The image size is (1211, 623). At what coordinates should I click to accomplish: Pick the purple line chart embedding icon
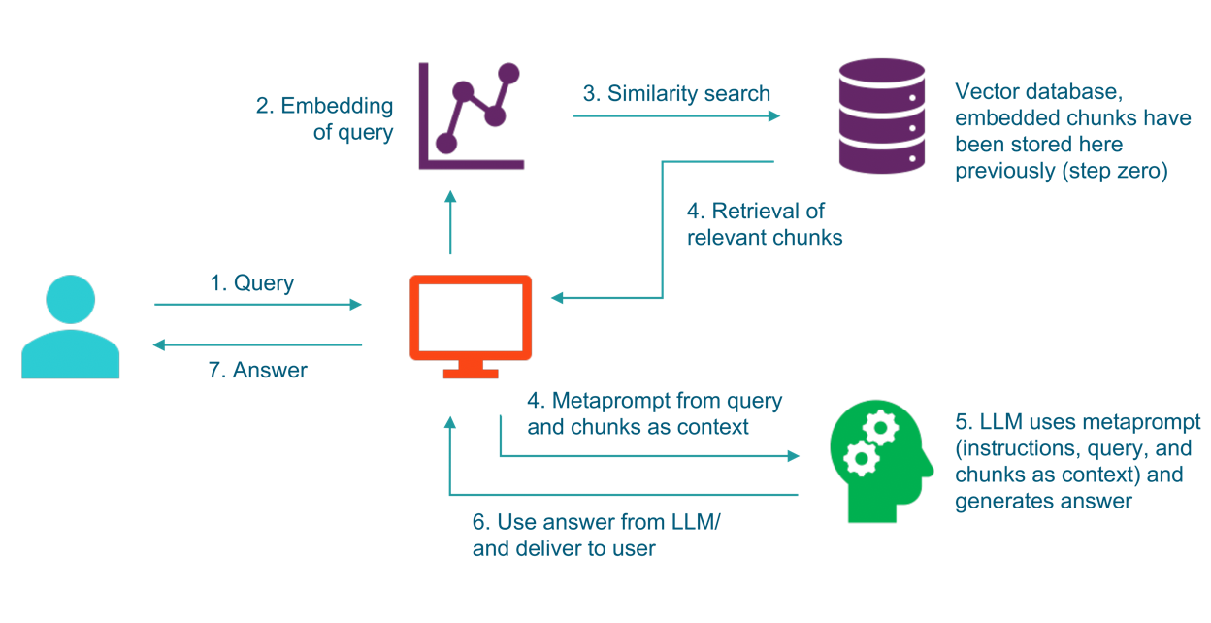point(471,115)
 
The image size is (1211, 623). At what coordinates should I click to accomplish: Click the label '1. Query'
point(251,283)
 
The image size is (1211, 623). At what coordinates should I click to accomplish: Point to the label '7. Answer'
point(257,370)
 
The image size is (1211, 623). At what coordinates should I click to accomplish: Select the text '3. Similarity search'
point(676,94)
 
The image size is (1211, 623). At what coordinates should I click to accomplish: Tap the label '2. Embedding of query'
point(325,118)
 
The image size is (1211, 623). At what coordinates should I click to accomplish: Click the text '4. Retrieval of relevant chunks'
point(765,224)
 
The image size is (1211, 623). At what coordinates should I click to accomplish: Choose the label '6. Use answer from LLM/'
point(597,522)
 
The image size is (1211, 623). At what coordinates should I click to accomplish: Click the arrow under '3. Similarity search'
point(676,116)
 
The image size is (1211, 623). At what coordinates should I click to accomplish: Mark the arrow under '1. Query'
point(257,305)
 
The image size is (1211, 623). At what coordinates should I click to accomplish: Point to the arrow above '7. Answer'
point(257,344)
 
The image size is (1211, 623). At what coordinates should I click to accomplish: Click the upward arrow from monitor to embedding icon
point(450,222)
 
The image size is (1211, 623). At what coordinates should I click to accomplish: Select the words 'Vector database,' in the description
point(1029,92)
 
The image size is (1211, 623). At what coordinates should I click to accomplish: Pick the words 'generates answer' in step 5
point(1043,501)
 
